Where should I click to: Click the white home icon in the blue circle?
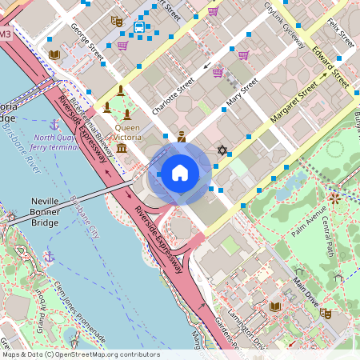point(180,173)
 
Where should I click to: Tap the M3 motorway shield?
point(6,34)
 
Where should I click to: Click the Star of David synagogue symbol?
point(222,150)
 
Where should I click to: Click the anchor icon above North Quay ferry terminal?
point(54,125)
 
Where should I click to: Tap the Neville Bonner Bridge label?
point(44,212)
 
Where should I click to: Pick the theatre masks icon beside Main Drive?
point(326,313)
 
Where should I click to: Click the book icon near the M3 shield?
point(54,55)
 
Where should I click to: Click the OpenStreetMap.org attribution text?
point(80,354)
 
